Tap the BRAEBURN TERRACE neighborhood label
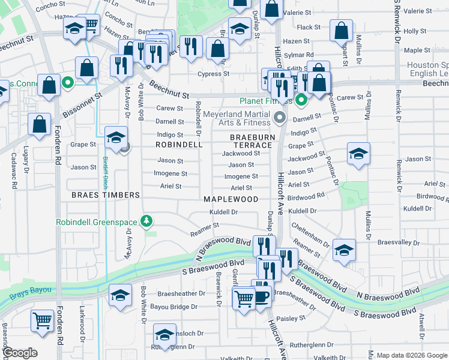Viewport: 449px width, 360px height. point(252,142)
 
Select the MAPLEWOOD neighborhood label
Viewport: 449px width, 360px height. point(231,199)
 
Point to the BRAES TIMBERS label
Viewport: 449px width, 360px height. point(105,195)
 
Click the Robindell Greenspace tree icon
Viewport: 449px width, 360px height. point(146,222)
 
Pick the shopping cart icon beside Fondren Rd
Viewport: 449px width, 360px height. point(42,320)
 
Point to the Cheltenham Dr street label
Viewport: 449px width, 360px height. point(310,235)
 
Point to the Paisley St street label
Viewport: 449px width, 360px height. point(292,318)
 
